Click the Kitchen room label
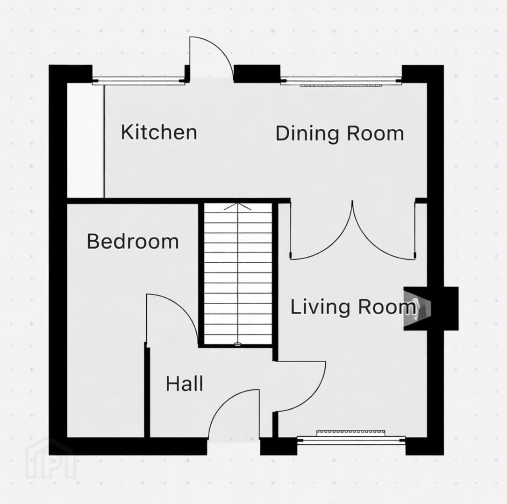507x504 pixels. pyautogui.click(x=159, y=132)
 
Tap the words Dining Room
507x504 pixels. pyautogui.click(x=340, y=133)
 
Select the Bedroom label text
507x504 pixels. pyautogui.click(x=133, y=241)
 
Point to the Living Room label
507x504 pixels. pyautogui.click(x=353, y=307)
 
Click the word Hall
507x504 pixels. pyautogui.click(x=185, y=384)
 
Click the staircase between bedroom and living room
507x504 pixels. pyautogui.click(x=238, y=274)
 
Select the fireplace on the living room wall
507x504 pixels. pyautogui.click(x=431, y=308)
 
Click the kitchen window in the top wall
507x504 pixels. pyautogui.click(x=138, y=81)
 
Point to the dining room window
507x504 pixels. pyautogui.click(x=341, y=81)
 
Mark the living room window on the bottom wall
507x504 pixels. pyautogui.click(x=351, y=439)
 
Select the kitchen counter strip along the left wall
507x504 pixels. pyautogui.click(x=86, y=141)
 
